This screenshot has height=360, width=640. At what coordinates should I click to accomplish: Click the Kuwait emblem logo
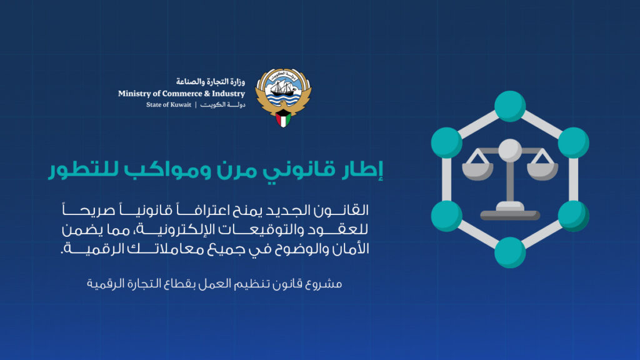coord(283,97)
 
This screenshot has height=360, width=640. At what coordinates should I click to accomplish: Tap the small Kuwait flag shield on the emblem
coord(283,119)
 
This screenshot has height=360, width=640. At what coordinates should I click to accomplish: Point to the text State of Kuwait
coord(169,104)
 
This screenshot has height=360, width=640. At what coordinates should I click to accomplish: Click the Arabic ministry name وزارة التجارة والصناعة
coord(211,82)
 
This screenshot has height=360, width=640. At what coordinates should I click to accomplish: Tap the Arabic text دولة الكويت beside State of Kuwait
coord(223,104)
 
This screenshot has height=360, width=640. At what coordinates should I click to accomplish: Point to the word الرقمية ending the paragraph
coord(94,248)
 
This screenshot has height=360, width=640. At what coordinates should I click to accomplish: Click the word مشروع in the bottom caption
coord(326,284)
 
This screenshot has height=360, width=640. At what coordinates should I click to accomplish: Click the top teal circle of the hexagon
coord(510,106)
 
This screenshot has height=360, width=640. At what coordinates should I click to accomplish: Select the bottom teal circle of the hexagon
coord(510,252)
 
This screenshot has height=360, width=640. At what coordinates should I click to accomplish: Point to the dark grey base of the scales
coord(510,216)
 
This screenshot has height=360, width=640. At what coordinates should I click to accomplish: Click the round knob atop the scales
coord(510,150)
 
